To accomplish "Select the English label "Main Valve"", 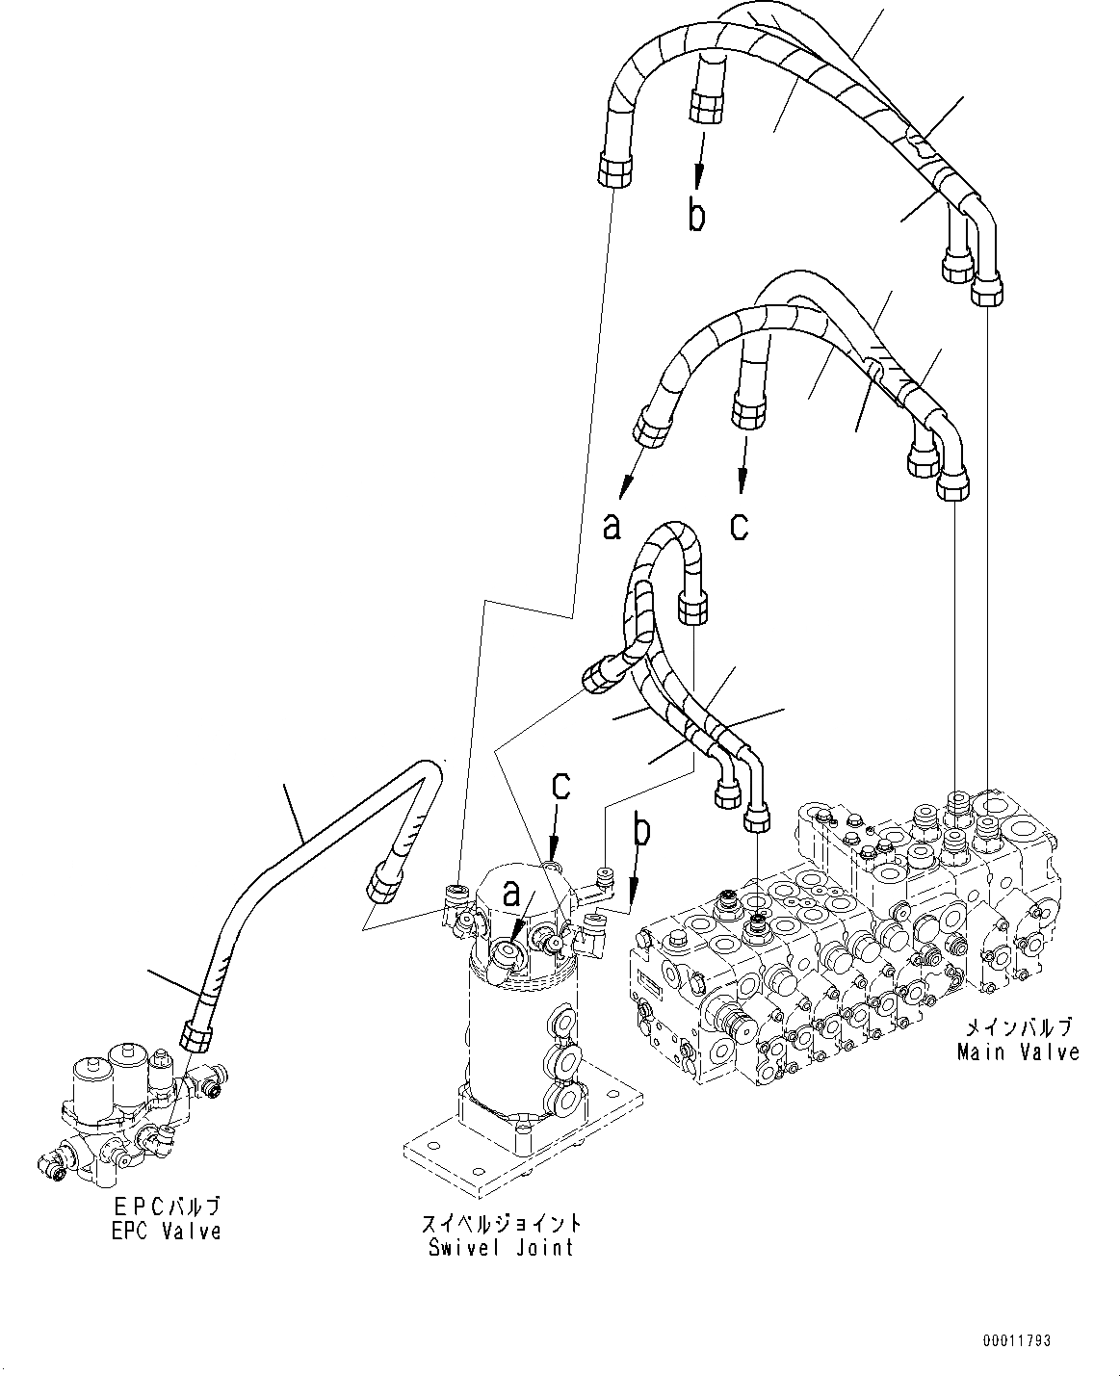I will [1018, 1051].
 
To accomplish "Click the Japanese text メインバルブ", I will [1018, 1026].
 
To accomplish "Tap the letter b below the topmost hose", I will [696, 216].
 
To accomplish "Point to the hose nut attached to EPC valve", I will [196, 1037].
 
